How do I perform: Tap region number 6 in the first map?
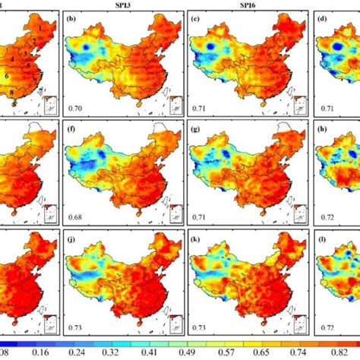(7, 77)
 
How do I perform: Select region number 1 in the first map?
(35, 27)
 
